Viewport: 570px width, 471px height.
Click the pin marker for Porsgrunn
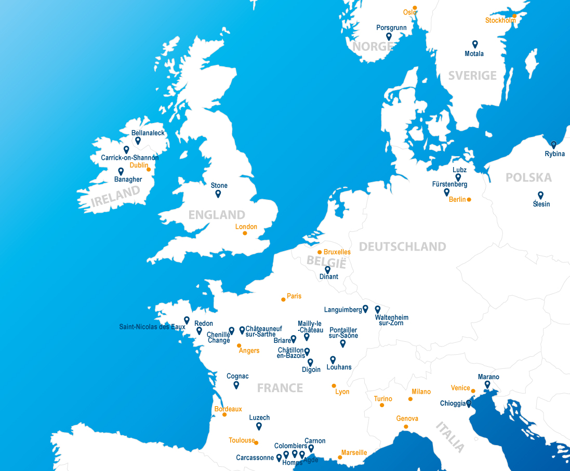389,36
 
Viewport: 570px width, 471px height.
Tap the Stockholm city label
500,21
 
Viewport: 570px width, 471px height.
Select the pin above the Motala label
474,44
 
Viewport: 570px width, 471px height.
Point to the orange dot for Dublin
149,169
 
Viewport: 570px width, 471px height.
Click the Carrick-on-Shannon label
129,158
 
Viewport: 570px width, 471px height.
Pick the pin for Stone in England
218,193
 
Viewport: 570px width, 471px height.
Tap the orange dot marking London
245,233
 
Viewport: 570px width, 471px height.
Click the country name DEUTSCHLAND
402,246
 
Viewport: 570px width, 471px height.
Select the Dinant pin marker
327,269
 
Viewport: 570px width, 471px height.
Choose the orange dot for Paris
283,299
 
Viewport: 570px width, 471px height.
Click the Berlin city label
457,200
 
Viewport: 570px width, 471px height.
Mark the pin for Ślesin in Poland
540,195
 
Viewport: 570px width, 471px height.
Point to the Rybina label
554,154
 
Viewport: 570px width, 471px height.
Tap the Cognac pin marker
236,385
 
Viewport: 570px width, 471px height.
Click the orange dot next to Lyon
334,385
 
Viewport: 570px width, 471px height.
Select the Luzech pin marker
259,426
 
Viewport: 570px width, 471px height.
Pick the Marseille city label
354,453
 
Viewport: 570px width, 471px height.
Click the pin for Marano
487,384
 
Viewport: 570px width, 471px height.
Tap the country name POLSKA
528,178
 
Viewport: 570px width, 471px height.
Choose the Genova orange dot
406,426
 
